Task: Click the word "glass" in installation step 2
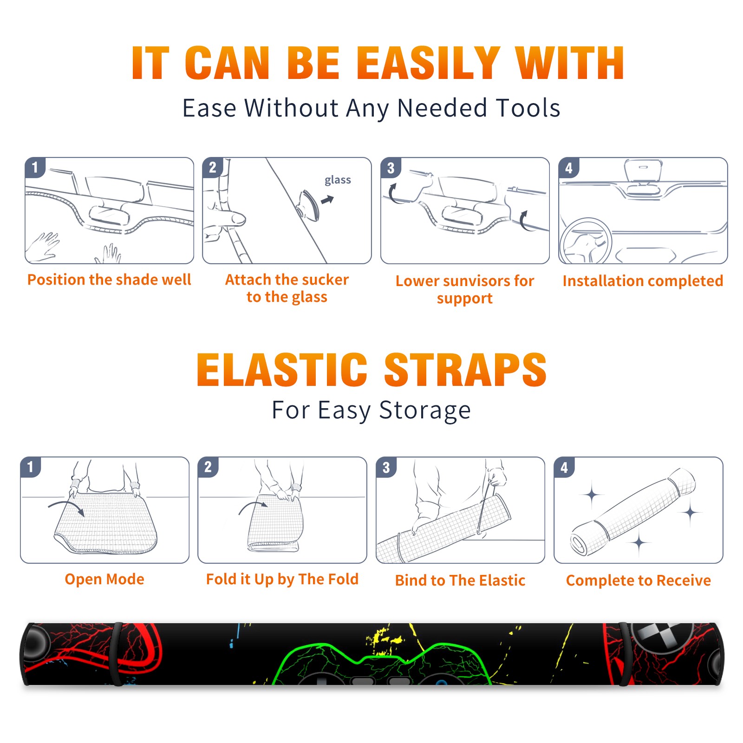(338, 180)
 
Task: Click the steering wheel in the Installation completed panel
(585, 241)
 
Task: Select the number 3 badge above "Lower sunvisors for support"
(391, 168)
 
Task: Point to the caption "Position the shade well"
(109, 280)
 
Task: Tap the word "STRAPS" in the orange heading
(465, 370)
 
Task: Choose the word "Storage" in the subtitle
(425, 411)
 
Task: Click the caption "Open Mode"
(104, 579)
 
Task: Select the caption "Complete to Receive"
(639, 580)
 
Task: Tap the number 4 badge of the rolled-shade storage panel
(564, 467)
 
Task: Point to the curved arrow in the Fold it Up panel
(253, 505)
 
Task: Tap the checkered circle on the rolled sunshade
(662, 637)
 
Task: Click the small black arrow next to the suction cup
(327, 200)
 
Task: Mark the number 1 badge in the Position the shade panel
(35, 168)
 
